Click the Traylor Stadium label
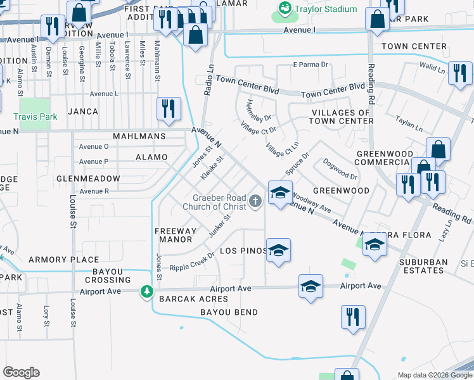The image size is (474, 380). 327,9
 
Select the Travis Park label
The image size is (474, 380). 35,117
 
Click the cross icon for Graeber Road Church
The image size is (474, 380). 255,201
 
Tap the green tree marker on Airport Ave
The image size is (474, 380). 147,291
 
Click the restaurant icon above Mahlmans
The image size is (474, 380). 169,108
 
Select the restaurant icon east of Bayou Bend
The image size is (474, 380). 353,317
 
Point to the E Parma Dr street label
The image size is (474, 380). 310,65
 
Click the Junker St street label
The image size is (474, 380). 219,225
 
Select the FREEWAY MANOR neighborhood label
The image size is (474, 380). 174,236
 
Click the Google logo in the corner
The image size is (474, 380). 21,372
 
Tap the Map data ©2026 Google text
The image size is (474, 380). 434,375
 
